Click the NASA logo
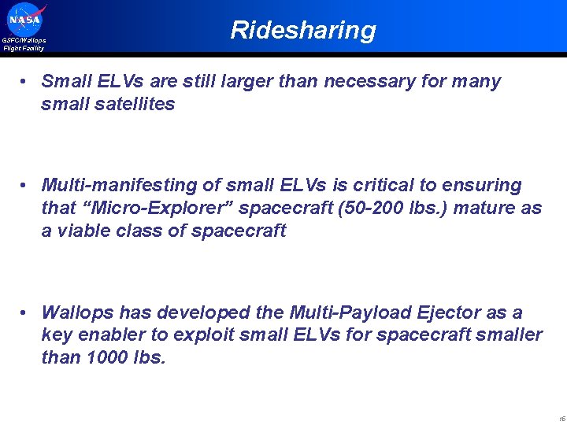(26, 19)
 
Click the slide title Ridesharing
(303, 30)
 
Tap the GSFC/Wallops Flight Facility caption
(24, 44)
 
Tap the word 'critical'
(379, 186)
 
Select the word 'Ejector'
(447, 313)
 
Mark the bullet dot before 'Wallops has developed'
(26, 313)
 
